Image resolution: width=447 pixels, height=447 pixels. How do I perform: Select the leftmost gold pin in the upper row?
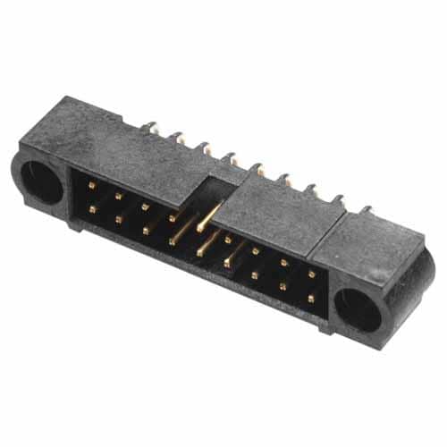pos(91,186)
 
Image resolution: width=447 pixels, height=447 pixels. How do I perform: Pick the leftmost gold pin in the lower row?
pos(91,209)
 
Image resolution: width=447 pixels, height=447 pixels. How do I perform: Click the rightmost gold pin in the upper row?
pos(311,274)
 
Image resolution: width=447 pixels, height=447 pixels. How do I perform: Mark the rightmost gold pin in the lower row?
pos(310,297)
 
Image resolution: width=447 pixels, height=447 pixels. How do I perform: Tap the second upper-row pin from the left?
pos(117,195)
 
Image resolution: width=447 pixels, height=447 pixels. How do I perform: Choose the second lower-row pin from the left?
pos(117,219)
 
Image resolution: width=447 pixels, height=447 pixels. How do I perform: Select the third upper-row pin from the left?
pos(144,206)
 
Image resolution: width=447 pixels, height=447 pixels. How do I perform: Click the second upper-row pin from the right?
pos(283,263)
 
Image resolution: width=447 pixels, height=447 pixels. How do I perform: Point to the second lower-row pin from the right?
pos(283,286)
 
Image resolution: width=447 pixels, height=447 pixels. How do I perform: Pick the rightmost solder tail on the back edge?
pos(365,211)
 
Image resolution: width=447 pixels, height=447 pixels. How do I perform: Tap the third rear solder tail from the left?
pos(204,145)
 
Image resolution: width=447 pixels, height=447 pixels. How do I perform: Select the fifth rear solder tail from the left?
pos(257,166)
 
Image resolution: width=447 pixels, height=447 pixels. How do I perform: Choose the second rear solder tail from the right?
pos(338,199)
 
